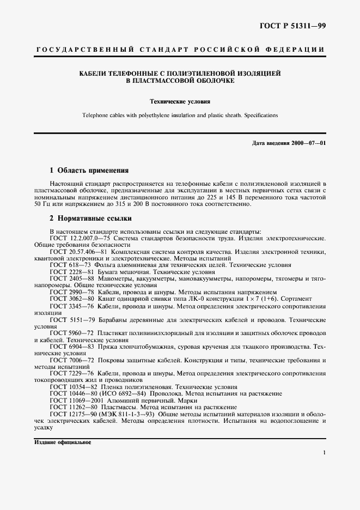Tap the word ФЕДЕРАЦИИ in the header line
[x=297, y=50]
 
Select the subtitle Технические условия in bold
[x=180, y=101]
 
